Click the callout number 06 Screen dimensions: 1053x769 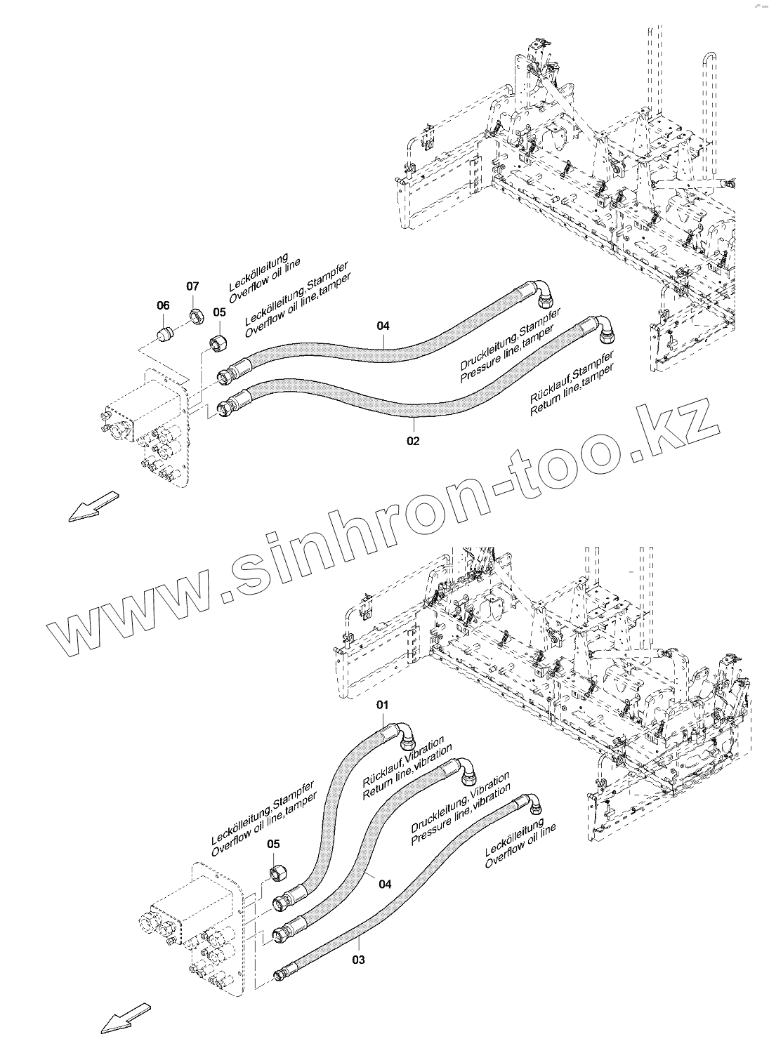[x=163, y=305]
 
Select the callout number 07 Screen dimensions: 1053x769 [x=192, y=286]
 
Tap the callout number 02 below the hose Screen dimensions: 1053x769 [x=413, y=441]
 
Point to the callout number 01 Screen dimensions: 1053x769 [x=383, y=703]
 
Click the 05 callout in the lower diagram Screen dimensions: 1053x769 [x=273, y=844]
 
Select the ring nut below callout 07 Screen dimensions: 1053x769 [x=197, y=314]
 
